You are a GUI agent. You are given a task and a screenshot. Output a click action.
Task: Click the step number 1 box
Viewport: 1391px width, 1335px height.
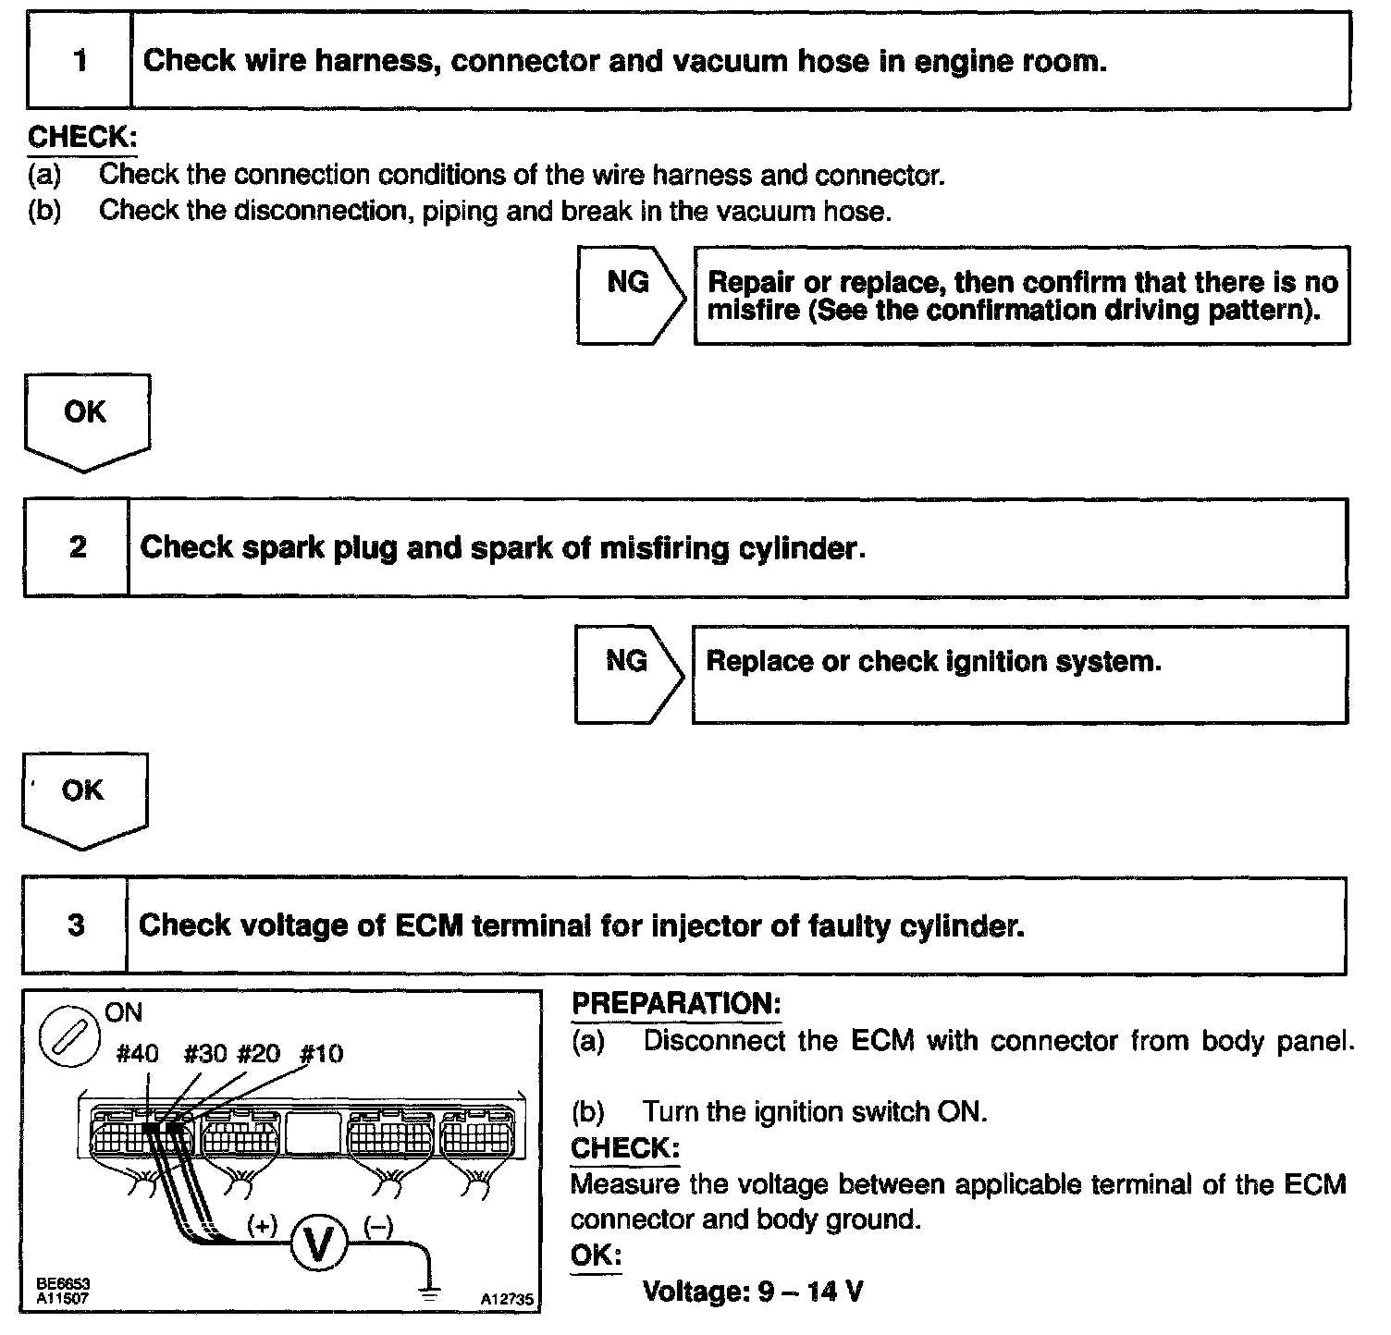(x=80, y=61)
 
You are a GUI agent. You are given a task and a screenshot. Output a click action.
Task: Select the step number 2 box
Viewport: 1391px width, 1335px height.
(x=77, y=547)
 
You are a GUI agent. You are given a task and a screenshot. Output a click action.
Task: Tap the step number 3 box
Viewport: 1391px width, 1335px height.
(x=75, y=925)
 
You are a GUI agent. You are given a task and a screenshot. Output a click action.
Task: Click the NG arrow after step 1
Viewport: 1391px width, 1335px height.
(x=630, y=294)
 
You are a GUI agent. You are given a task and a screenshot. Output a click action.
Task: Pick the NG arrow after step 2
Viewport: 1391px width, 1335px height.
(x=628, y=673)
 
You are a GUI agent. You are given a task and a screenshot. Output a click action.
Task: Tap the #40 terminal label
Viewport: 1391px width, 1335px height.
(x=138, y=1054)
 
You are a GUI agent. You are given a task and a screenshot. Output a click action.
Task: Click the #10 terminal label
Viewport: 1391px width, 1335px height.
(x=322, y=1054)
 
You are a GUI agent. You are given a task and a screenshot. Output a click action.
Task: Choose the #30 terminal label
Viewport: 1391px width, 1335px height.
(x=204, y=1054)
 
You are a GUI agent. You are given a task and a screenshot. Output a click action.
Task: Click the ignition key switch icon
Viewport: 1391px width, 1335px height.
(x=68, y=1035)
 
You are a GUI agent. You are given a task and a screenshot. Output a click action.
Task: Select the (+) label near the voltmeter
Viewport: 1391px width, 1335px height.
(x=263, y=1226)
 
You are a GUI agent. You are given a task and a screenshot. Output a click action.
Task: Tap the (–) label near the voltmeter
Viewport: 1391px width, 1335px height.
(x=378, y=1226)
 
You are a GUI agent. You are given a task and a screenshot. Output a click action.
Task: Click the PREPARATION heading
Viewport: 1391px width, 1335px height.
(x=676, y=1004)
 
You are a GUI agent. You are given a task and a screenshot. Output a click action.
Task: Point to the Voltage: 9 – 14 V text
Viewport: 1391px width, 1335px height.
(x=753, y=1291)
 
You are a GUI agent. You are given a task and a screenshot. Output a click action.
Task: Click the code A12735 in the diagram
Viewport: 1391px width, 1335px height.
(x=506, y=1299)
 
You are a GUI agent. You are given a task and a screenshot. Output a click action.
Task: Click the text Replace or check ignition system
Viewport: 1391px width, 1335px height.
(x=932, y=662)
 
